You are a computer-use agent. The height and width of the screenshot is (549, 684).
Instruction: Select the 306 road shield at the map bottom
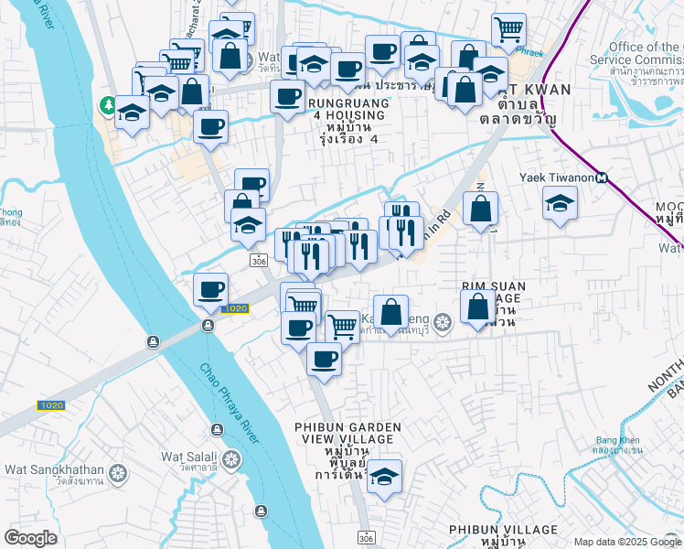pos(366,535)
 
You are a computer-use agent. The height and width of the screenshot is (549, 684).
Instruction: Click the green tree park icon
pos(109,105)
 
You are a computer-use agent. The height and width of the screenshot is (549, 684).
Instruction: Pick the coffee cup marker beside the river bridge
pos(211,291)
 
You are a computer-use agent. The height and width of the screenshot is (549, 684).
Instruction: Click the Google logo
pos(30,538)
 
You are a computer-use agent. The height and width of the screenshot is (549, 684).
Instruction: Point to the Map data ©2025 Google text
pos(627,542)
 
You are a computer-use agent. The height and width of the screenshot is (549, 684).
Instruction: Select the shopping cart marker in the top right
pos(508,29)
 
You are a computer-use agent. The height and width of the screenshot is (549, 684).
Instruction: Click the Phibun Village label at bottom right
pos(503,530)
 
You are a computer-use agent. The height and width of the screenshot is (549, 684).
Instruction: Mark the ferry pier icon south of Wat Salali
pos(262,509)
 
